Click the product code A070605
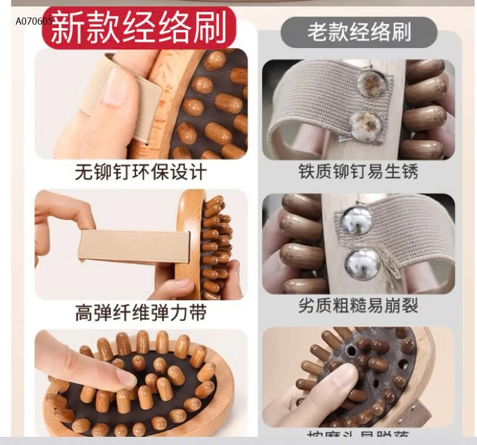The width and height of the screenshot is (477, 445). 34,21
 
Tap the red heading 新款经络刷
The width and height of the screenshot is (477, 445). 138,28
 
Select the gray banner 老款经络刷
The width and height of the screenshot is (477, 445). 358,32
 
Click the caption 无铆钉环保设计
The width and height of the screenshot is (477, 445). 141,172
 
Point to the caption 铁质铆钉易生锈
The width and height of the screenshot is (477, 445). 358,172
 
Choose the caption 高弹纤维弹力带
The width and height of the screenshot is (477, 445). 141,312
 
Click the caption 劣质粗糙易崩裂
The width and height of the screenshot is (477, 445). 358,305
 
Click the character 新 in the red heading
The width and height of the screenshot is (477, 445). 65,28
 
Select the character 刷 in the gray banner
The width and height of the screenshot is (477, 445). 401,32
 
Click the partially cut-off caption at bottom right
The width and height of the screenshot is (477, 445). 358,435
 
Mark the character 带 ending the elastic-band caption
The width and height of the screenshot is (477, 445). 198,312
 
